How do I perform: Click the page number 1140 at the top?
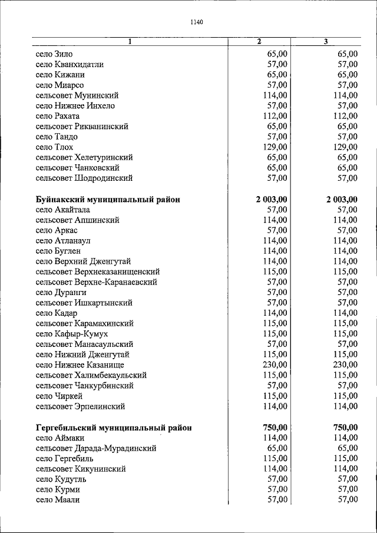tap(197, 22)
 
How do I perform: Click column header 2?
tap(259, 41)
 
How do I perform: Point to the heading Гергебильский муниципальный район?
tap(114, 428)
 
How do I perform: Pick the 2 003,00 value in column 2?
tap(272, 200)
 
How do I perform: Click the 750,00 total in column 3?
tap(345, 428)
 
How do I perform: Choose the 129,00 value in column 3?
tap(345, 147)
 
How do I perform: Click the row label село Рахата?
tap(57, 116)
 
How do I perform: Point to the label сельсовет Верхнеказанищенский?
tap(98, 272)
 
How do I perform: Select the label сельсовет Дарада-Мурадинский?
tap(96, 448)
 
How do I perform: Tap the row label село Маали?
tap(57, 500)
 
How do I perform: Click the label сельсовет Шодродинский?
tap(84, 178)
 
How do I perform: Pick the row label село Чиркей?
tap(59, 396)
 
